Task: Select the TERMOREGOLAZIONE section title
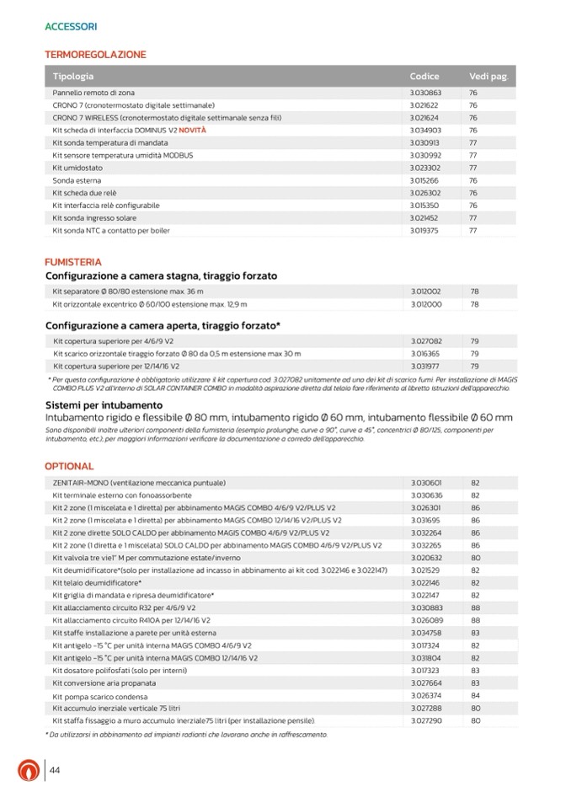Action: [95, 55]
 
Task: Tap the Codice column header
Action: [424, 77]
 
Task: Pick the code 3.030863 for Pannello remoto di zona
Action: [425, 93]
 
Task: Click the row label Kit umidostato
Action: [79, 168]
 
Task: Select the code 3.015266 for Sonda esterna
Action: [425, 180]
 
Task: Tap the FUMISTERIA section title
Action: [73, 262]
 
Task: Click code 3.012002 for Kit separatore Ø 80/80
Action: [425, 292]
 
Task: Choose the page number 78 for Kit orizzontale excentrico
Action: [474, 304]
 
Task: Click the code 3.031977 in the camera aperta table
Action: [425, 367]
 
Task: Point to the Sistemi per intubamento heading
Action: [104, 405]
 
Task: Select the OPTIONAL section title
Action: [69, 466]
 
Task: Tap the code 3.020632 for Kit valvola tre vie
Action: [425, 558]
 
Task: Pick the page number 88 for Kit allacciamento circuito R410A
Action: [475, 620]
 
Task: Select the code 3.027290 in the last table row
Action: [425, 721]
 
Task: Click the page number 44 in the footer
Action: [55, 771]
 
